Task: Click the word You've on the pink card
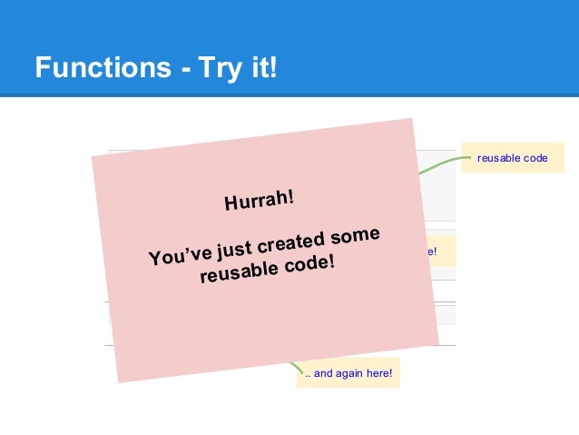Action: coord(177,255)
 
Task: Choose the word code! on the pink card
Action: coord(307,263)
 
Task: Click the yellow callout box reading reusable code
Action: coord(513,158)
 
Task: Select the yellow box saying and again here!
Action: coord(348,372)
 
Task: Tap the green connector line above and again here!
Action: coord(295,367)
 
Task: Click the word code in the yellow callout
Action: coord(536,158)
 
